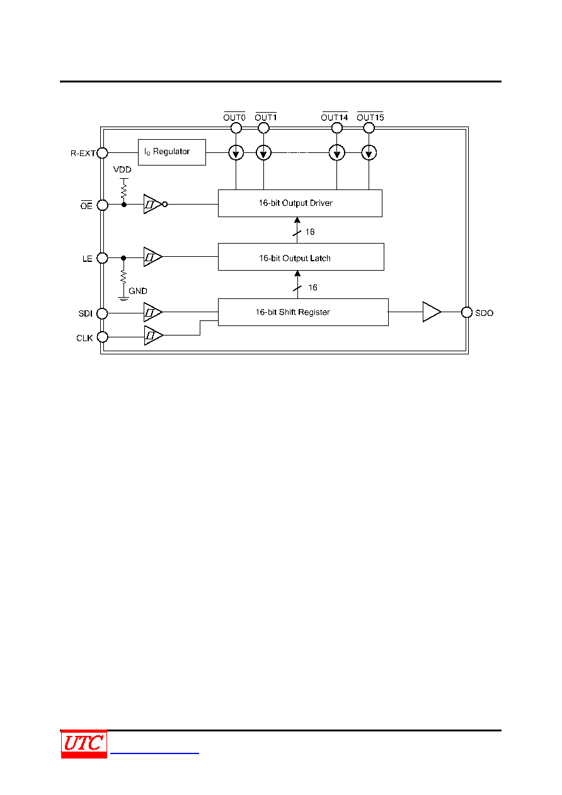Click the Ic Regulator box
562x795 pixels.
(171, 152)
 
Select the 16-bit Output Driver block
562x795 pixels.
(300, 203)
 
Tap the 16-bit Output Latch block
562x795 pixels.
(301, 257)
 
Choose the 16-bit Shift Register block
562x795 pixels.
(303, 312)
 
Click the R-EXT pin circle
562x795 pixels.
(102, 153)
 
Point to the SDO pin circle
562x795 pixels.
(466, 312)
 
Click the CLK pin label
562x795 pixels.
(84, 338)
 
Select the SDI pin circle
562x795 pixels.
(102, 313)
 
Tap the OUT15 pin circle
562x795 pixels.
(369, 128)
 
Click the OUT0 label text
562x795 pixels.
(234, 117)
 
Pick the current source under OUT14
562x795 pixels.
(337, 153)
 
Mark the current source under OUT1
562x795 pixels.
(263, 153)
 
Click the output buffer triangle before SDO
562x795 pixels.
(432, 312)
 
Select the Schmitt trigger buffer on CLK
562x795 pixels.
(154, 335)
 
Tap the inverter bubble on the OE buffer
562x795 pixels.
(165, 204)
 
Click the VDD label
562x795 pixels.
(122, 169)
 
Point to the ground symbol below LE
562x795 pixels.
(123, 298)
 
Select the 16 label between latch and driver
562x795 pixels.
(310, 232)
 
